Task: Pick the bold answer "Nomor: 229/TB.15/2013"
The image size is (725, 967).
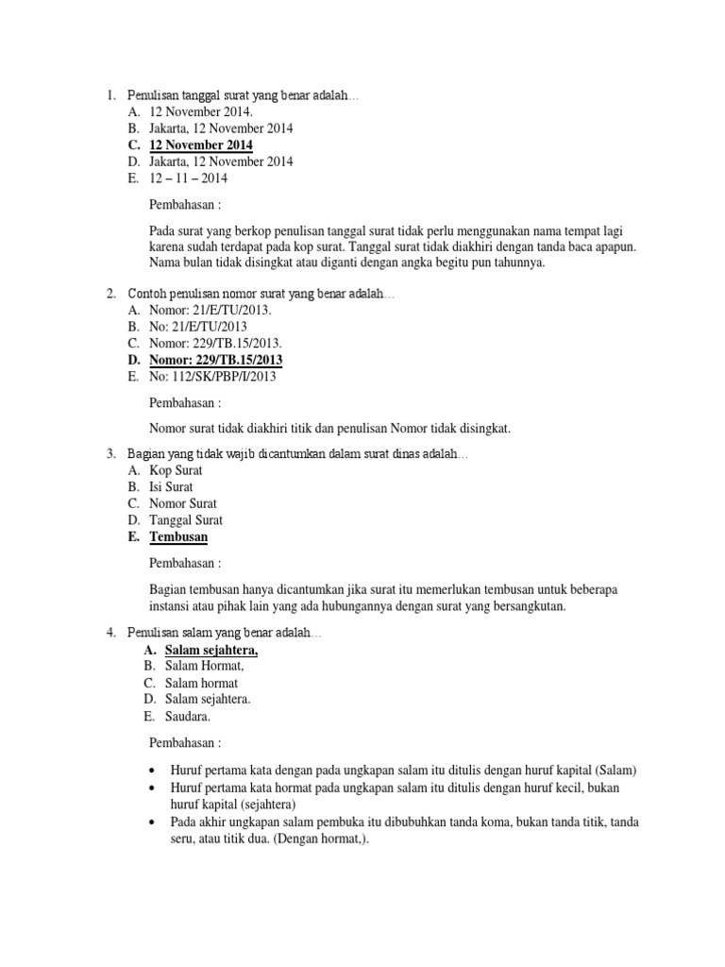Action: tap(216, 360)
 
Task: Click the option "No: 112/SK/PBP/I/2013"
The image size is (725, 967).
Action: tap(212, 376)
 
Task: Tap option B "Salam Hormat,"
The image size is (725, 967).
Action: tap(201, 666)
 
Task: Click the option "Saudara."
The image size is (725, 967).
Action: tap(188, 715)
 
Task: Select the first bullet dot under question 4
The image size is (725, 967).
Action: tap(155, 769)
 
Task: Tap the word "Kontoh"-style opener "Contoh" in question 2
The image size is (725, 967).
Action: tap(146, 295)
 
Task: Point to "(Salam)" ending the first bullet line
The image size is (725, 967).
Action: tap(617, 769)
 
